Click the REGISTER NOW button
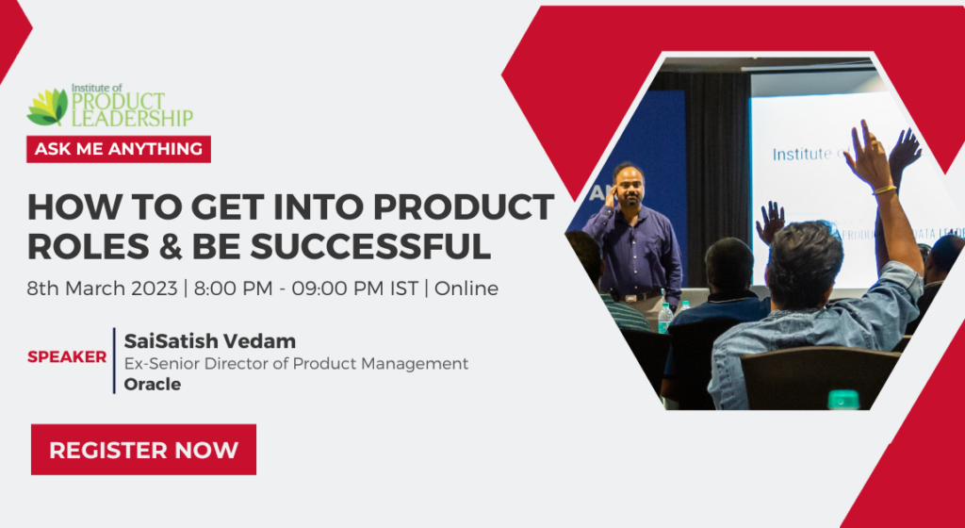click(x=143, y=449)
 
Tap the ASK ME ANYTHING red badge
click(x=119, y=149)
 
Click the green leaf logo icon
click(x=47, y=107)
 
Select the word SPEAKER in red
click(x=67, y=357)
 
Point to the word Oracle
click(x=153, y=385)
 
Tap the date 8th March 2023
click(x=102, y=288)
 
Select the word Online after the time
click(x=466, y=288)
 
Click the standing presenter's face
click(x=628, y=185)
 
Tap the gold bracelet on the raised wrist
click(x=885, y=190)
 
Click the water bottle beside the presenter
click(x=665, y=318)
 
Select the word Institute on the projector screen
click(x=802, y=154)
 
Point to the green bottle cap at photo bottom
click(x=843, y=400)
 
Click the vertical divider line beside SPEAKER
click(x=114, y=360)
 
